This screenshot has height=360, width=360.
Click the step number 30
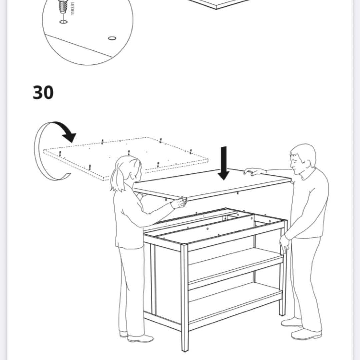[x=43, y=92]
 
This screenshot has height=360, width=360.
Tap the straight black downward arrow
[x=223, y=163]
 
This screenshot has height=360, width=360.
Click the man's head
[x=303, y=157]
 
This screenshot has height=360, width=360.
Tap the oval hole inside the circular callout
[x=112, y=38]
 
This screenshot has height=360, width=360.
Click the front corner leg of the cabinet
[x=184, y=297]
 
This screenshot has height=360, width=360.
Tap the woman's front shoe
[x=140, y=338]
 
